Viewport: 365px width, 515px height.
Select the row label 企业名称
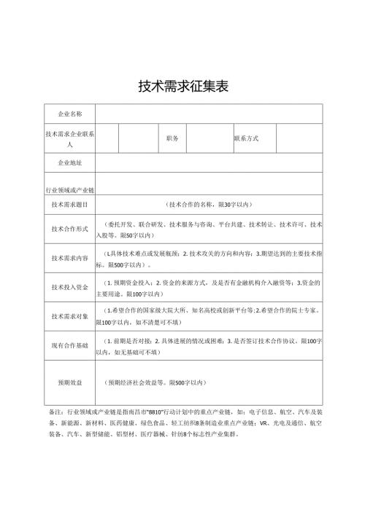point(70,114)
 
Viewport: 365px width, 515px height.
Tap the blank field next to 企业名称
point(209,114)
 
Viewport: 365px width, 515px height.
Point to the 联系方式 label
point(246,138)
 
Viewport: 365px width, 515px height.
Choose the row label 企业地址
point(70,162)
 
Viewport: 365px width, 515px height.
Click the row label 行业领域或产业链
point(70,189)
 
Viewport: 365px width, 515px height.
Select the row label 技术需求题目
point(70,205)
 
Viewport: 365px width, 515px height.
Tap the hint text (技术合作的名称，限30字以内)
point(209,205)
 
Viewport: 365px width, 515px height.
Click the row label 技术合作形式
point(70,229)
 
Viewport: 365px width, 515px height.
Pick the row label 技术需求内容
point(70,258)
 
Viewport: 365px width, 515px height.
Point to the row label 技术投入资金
point(70,287)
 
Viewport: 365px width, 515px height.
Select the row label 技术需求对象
point(70,316)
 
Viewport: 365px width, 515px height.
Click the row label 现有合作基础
point(70,345)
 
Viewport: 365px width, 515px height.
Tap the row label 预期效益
point(70,382)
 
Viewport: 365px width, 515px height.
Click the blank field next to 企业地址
point(209,162)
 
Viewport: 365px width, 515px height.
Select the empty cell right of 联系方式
point(299,138)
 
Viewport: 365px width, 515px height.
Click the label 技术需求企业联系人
point(70,138)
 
